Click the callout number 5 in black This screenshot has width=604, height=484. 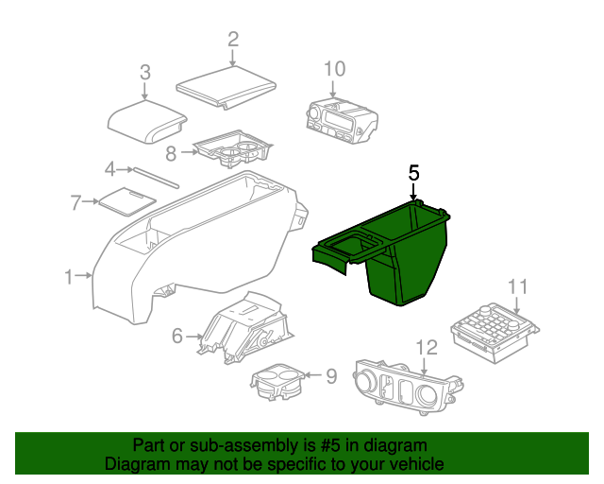(x=413, y=173)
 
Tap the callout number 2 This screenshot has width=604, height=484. (x=233, y=40)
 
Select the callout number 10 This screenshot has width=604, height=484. (x=334, y=69)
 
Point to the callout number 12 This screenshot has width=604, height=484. (x=427, y=347)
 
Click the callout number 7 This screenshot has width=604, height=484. (x=75, y=202)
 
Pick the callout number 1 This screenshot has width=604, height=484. (x=69, y=277)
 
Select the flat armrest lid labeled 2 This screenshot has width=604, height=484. (x=226, y=87)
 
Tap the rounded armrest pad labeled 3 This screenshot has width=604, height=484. (x=147, y=122)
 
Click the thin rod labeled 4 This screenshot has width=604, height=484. (x=156, y=178)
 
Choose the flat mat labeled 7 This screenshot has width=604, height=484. (x=127, y=202)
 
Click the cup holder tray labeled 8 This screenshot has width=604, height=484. (x=233, y=149)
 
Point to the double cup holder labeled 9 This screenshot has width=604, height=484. (x=277, y=381)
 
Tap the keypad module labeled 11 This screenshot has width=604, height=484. (x=495, y=333)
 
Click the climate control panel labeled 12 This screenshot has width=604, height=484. (x=409, y=388)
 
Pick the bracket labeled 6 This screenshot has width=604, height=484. (x=244, y=327)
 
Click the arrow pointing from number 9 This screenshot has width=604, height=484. (x=314, y=374)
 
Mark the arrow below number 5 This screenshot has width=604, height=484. (x=413, y=192)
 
